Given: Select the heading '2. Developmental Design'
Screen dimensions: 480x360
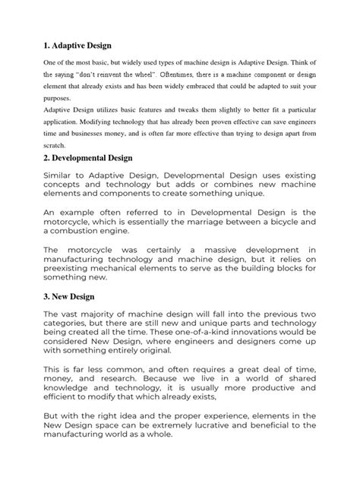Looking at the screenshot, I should [x=87, y=158].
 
